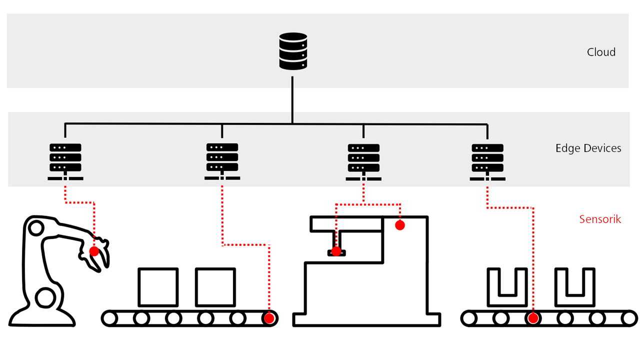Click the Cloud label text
[x=601, y=52]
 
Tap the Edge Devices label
[x=588, y=148]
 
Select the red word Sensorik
[x=600, y=219]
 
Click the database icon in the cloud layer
[x=293, y=51]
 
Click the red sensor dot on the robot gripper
[x=94, y=251]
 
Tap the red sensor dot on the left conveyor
[x=269, y=318]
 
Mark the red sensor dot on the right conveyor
[x=533, y=318]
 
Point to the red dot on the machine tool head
[x=336, y=251]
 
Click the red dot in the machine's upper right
[x=399, y=225]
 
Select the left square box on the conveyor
[x=158, y=287]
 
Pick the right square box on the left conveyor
[x=215, y=287]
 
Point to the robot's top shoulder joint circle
[x=36, y=228]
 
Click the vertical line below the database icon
[x=292, y=97]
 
